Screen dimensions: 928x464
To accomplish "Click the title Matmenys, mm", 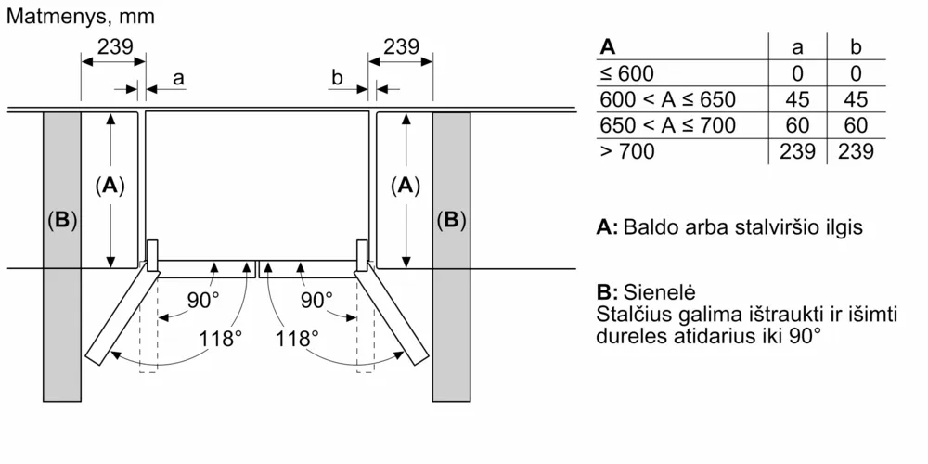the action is (81, 16).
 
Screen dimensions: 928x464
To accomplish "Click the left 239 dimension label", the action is (115, 46).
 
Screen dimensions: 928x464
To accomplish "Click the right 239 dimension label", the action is (401, 46).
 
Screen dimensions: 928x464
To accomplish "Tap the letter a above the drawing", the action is (178, 78).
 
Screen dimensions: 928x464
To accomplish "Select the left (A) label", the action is (110, 186).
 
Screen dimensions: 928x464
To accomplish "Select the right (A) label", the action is (406, 186).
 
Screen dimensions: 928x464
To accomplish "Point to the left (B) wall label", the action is (61, 220).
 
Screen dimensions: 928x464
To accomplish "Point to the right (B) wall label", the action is (451, 220).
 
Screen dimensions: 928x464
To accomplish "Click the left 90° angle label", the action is (200, 300).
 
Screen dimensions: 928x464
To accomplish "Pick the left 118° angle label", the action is (220, 339).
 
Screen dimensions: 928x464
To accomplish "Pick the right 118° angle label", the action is (297, 339).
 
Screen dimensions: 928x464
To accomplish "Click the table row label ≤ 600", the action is (626, 73).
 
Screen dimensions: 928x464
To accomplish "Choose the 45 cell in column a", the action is (797, 99).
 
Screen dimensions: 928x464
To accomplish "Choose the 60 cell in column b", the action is (856, 125).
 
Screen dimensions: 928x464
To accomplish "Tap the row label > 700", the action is (627, 151).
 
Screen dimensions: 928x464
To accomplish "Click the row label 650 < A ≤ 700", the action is (667, 125).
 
